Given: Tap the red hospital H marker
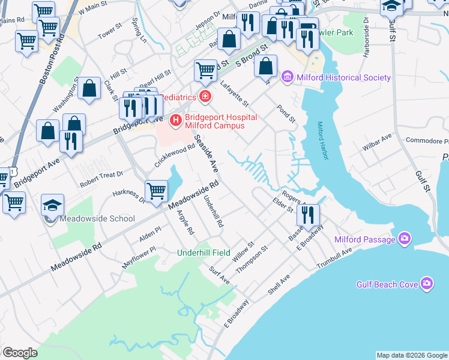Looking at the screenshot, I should point(176,121).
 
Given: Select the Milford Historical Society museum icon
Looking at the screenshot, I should point(287,77).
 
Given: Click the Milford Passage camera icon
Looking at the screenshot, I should point(405,239).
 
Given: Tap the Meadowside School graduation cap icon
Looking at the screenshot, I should point(53,205).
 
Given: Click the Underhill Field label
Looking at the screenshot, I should point(203,253).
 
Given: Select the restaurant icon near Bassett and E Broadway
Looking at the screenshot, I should point(308,215).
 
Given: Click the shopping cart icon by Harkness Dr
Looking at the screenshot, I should point(156,191).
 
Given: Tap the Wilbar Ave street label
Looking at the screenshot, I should point(378,144).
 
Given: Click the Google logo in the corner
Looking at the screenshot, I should point(20,353).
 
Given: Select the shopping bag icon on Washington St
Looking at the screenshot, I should point(89,89).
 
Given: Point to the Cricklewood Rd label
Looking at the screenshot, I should point(175,155).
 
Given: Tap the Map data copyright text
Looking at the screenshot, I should point(411,355).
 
